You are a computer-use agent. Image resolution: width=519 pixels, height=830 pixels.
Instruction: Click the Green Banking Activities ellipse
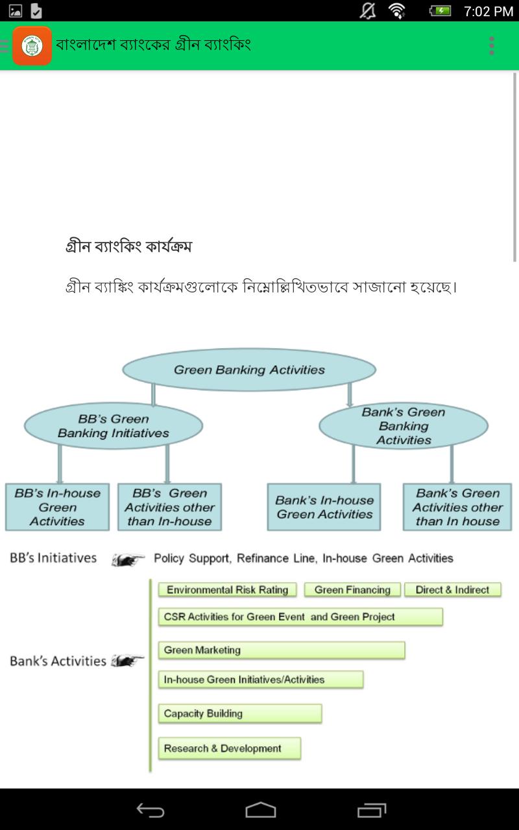click(x=249, y=370)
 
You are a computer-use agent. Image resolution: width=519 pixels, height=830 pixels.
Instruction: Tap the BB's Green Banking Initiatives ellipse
click(x=114, y=426)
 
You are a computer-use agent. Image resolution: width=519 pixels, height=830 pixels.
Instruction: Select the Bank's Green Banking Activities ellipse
click(x=404, y=426)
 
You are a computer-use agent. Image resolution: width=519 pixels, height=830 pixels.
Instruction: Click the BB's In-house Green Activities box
click(x=57, y=507)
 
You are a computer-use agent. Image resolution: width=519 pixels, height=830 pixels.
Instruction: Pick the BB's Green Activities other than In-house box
click(x=169, y=507)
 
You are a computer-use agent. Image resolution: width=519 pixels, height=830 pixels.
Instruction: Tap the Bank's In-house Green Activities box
click(x=324, y=507)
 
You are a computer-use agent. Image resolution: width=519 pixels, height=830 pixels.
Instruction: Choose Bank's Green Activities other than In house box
click(x=457, y=507)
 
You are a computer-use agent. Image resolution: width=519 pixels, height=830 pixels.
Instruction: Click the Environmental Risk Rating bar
click(x=227, y=589)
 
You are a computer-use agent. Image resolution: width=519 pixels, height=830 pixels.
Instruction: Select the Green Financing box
click(x=352, y=589)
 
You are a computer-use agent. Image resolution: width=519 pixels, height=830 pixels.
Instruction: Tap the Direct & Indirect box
click(x=452, y=589)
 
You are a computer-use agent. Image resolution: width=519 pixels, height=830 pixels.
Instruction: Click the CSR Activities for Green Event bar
click(x=300, y=617)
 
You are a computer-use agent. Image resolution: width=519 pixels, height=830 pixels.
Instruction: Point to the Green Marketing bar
click(x=281, y=650)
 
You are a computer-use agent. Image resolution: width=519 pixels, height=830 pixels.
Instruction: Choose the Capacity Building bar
click(x=239, y=713)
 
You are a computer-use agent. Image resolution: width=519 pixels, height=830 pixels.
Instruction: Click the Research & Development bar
click(x=229, y=748)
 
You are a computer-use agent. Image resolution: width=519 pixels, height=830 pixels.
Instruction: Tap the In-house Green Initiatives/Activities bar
click(x=260, y=680)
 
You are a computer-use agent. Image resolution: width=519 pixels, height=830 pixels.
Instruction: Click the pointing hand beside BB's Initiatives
click(x=128, y=559)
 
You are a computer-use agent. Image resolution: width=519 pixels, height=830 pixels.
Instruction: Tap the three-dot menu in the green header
click(x=492, y=45)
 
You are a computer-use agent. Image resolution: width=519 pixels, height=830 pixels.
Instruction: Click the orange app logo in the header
click(x=32, y=45)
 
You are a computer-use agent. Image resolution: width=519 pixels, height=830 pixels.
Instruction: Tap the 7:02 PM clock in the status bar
click(x=488, y=11)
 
